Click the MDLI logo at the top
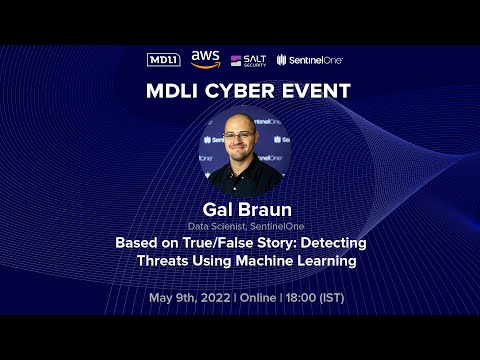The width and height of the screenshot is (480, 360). [163, 60]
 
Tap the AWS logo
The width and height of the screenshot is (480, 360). [205, 59]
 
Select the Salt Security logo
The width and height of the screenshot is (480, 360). [248, 60]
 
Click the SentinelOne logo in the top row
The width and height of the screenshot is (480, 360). [309, 60]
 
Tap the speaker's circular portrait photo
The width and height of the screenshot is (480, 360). [240, 150]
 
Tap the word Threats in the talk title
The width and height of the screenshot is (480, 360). [162, 261]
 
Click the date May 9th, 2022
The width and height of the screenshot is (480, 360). [191, 298]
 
